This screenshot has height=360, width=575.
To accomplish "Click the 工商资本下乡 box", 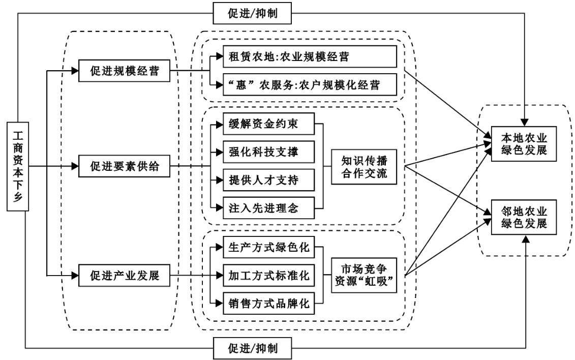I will pyautogui.click(x=17, y=166).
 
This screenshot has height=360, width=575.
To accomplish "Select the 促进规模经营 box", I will pyautogui.click(x=124, y=72).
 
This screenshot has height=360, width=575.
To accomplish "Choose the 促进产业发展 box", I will pyautogui.click(x=124, y=276).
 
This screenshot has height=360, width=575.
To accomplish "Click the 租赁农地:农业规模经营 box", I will pyautogui.click(x=310, y=56).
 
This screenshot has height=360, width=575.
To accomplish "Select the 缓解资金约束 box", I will pyautogui.click(x=268, y=124).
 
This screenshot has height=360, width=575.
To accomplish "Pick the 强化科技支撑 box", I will pyautogui.click(x=268, y=152).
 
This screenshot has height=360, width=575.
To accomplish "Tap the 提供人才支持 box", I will pyautogui.click(x=268, y=179).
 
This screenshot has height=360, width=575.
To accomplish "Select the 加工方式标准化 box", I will pyautogui.click(x=268, y=276).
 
